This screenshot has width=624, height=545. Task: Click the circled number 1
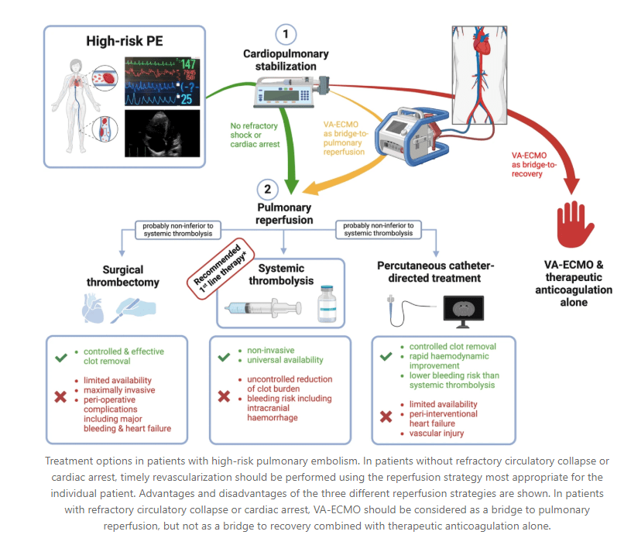(x=286, y=34)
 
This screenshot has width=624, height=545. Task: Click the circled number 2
(x=267, y=190)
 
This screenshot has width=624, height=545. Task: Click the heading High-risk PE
(x=125, y=41)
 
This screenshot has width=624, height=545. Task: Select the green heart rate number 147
(x=188, y=64)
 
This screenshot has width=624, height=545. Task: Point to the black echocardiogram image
(x=163, y=133)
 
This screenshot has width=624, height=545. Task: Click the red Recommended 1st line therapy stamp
(x=221, y=269)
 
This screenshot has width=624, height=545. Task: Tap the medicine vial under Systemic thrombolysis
(x=327, y=303)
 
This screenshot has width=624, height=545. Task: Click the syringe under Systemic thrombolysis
(x=263, y=308)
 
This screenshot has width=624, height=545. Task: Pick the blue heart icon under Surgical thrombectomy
(x=93, y=308)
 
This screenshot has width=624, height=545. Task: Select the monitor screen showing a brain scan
(x=464, y=311)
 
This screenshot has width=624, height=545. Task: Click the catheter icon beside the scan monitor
(x=410, y=310)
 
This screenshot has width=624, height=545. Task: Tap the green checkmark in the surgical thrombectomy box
(x=61, y=358)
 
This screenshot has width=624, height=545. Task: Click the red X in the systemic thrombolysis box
(x=224, y=396)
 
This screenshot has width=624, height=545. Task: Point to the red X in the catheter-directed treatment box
(x=386, y=416)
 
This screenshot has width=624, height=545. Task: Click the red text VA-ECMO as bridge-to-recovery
(x=534, y=164)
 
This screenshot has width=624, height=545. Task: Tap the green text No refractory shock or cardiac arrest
(x=255, y=135)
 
